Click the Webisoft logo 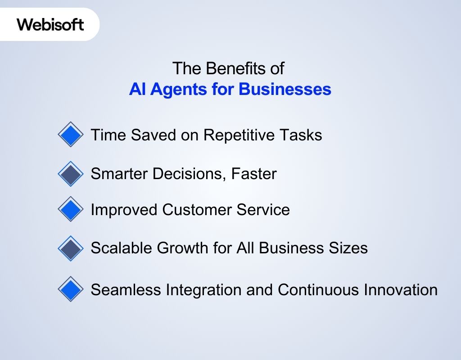click(x=50, y=24)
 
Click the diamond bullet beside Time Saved click(x=71, y=135)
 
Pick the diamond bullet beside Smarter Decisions click(x=71, y=174)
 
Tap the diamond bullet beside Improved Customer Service click(x=71, y=209)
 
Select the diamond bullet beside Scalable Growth click(x=71, y=248)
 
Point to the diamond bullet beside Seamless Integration click(x=71, y=289)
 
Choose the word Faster click(x=254, y=174)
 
